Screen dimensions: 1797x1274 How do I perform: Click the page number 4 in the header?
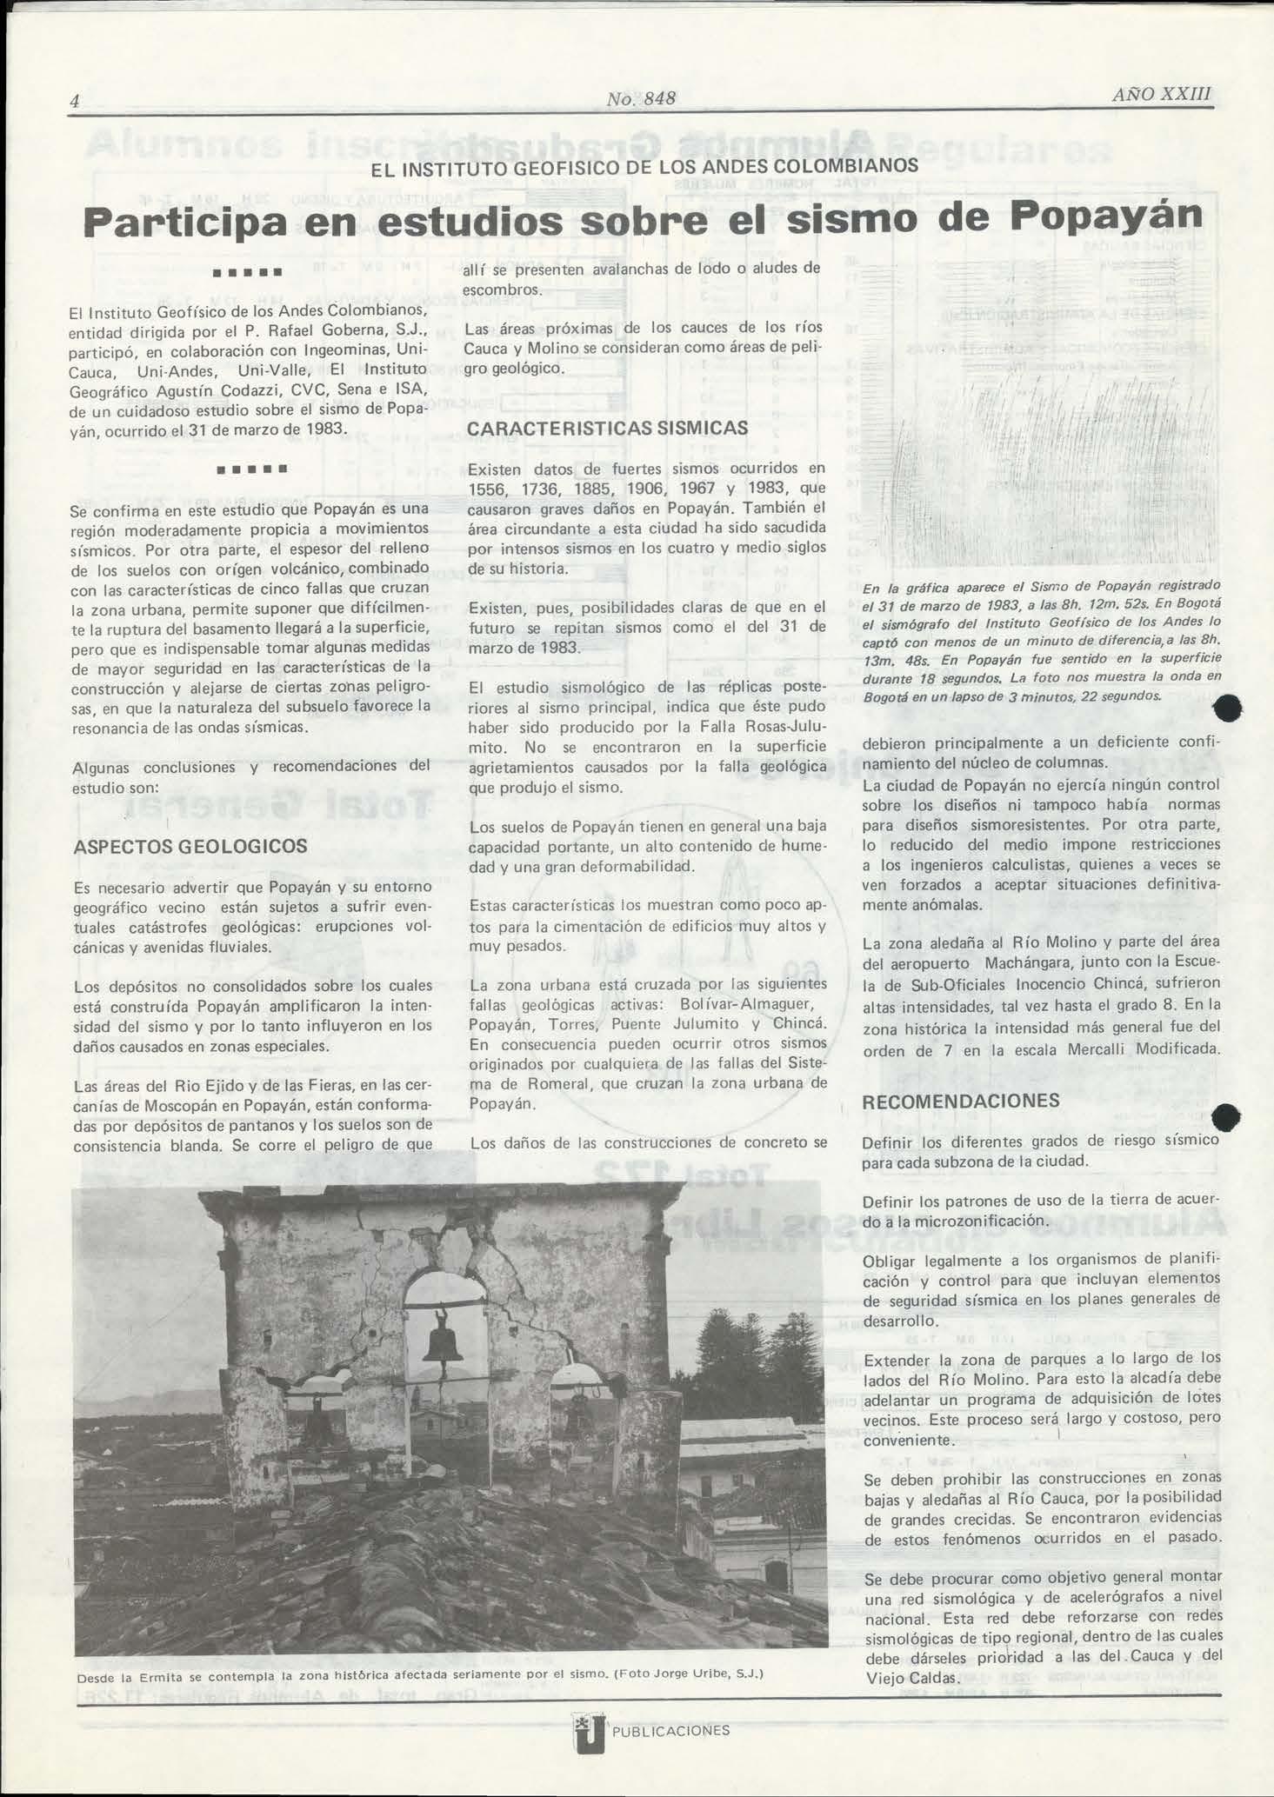click(x=75, y=102)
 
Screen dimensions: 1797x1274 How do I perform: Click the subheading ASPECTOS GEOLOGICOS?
click(x=190, y=846)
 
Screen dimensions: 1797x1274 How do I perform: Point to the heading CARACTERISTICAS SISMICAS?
click(x=607, y=429)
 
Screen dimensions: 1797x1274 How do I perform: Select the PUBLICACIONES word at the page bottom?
click(x=670, y=1731)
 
